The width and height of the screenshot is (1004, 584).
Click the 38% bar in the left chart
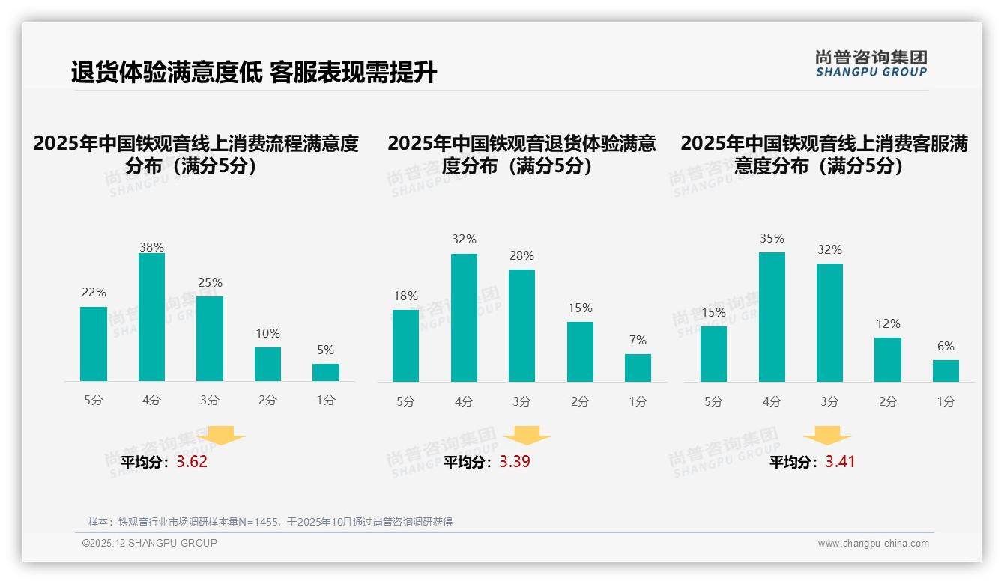click(x=151, y=317)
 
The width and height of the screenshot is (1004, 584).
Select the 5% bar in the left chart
click(x=326, y=373)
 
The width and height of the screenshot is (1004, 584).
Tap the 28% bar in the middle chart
click(x=521, y=326)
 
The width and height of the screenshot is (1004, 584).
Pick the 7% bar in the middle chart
click(x=638, y=368)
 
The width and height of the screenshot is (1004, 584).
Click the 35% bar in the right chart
click(x=772, y=317)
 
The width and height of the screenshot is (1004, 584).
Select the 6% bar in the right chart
click(x=946, y=371)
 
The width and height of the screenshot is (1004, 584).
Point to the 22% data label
click(x=94, y=293)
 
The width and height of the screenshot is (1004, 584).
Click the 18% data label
click(x=405, y=296)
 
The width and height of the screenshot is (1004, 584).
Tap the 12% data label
click(x=888, y=323)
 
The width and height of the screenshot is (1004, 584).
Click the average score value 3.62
click(x=192, y=462)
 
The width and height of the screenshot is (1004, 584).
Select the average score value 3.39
click(x=515, y=462)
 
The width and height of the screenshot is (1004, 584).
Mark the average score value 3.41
click(x=840, y=462)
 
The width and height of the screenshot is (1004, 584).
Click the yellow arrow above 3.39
click(x=527, y=436)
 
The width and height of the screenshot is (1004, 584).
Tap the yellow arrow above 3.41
click(x=827, y=436)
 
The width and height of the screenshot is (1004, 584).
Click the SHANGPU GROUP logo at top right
click(x=871, y=63)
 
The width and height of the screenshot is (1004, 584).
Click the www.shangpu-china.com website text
click(x=873, y=544)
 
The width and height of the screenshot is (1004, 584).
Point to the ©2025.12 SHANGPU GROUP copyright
click(x=150, y=543)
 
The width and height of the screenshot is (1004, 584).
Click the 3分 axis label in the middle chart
click(x=521, y=401)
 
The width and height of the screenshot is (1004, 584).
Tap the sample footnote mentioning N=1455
click(x=270, y=522)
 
